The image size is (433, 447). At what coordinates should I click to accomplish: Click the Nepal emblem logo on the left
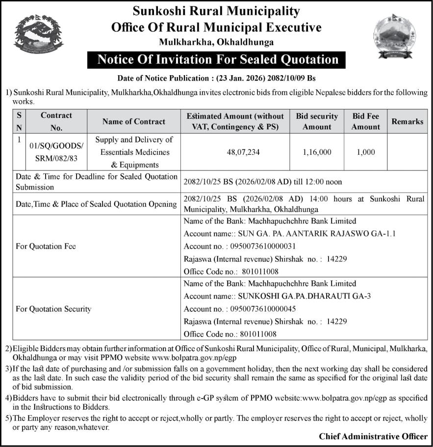click(39, 34)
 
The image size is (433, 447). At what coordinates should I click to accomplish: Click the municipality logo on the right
click(394, 35)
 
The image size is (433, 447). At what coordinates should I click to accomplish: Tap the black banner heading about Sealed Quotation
click(218, 60)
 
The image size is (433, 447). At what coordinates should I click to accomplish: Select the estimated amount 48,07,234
click(235, 152)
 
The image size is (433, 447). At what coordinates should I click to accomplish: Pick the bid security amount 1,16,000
click(317, 152)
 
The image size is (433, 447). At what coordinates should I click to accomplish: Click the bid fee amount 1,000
click(366, 152)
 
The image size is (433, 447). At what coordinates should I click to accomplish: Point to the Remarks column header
click(407, 121)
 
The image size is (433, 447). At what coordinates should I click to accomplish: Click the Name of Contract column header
click(134, 121)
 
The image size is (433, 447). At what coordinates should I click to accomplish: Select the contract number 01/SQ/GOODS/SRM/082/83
click(56, 152)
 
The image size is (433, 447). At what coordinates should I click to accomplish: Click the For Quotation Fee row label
click(46, 246)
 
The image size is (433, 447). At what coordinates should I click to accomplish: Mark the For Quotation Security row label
click(53, 309)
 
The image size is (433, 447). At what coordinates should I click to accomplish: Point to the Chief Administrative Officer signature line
click(373, 436)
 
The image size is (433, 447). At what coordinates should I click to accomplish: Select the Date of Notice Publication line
click(216, 78)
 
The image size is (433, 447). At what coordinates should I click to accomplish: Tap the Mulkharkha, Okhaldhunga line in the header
click(216, 42)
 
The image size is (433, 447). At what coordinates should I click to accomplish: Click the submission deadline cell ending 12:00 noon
click(262, 181)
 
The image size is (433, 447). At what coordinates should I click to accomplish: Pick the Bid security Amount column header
click(317, 121)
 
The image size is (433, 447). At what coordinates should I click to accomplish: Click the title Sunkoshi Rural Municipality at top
click(216, 11)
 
